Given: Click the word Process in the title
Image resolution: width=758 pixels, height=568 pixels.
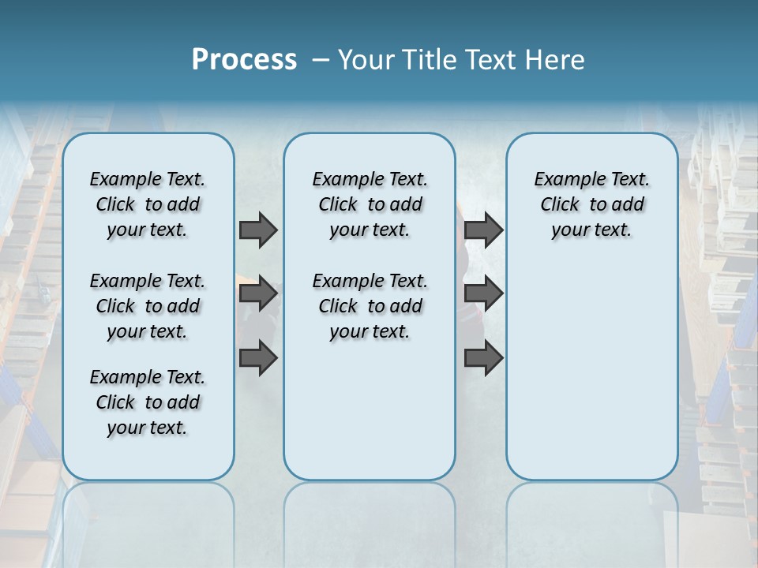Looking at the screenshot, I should [x=244, y=60].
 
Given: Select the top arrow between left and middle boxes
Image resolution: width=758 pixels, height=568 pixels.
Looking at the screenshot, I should [x=258, y=230].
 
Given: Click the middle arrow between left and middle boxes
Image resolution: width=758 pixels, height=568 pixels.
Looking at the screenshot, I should [x=258, y=293].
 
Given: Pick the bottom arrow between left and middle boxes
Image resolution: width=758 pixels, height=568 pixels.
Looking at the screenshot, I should [x=258, y=357].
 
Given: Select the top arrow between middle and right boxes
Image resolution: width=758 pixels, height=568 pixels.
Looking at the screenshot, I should [x=483, y=230].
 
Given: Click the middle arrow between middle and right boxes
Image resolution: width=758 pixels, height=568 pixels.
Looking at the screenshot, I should [x=483, y=293].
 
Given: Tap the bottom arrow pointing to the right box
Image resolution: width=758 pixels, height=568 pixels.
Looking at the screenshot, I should [x=483, y=357].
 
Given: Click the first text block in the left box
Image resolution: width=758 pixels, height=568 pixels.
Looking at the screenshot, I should [x=148, y=204].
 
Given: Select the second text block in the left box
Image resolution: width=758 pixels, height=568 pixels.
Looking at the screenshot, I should [x=148, y=306].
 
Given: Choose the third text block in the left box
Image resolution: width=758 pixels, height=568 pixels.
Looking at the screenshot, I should [x=148, y=402].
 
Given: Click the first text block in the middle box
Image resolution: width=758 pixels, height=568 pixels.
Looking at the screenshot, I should [x=370, y=204].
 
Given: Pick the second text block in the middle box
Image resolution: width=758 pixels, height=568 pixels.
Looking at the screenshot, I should [x=370, y=306].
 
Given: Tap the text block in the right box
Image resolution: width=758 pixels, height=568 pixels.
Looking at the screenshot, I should [x=591, y=204].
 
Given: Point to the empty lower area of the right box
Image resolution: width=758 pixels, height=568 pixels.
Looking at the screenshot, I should [x=591, y=371].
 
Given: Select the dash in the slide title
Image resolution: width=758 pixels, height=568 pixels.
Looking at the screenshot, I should [x=321, y=60].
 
